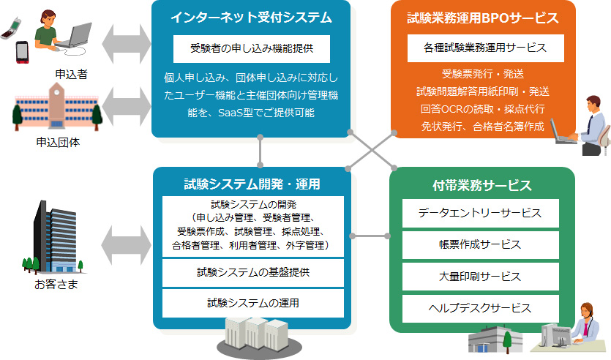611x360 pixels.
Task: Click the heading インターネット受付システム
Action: [251, 18]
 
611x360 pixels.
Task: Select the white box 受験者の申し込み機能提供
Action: [252, 49]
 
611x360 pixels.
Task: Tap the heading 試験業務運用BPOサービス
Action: [483, 18]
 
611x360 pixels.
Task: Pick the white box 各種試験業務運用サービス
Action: [486, 48]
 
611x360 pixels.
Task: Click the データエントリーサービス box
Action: [481, 213]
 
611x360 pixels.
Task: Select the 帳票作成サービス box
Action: [481, 245]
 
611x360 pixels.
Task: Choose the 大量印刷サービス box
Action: [481, 277]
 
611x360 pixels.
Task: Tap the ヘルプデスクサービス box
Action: [481, 309]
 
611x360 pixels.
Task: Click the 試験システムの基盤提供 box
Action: [253, 273]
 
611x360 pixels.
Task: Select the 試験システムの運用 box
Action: [253, 303]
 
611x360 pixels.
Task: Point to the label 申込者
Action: [71, 74]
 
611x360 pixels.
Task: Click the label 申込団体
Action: [58, 142]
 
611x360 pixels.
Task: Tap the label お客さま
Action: [56, 284]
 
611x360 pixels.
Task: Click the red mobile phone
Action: [22, 52]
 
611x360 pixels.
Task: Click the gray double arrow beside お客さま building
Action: [126, 245]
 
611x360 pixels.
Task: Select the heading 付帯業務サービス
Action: [482, 185]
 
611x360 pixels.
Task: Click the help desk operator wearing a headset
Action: [587, 323]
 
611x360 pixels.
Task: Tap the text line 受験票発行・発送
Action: [483, 74]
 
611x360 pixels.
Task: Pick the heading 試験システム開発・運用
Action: [252, 184]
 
